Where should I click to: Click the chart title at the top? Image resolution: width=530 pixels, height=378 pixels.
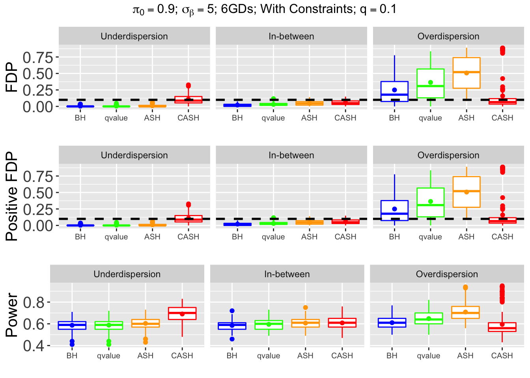265,9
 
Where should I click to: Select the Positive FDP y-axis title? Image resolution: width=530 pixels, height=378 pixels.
12,196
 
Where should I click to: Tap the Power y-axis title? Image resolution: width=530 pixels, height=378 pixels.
12,315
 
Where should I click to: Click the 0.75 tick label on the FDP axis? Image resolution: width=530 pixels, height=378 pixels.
38,57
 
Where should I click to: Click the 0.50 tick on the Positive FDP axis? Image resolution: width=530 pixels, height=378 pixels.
38,193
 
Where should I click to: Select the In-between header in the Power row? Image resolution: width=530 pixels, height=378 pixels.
287,274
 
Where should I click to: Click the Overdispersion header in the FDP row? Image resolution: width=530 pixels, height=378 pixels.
448,36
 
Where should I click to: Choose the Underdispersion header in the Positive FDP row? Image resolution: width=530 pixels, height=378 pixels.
134,155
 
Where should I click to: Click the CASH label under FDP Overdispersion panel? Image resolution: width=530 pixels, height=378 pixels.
502,118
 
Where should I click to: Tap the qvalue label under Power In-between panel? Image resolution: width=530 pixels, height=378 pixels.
269,356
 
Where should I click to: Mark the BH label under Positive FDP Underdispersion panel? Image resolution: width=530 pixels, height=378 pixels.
80,237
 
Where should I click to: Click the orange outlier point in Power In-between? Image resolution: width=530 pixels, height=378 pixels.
305,308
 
